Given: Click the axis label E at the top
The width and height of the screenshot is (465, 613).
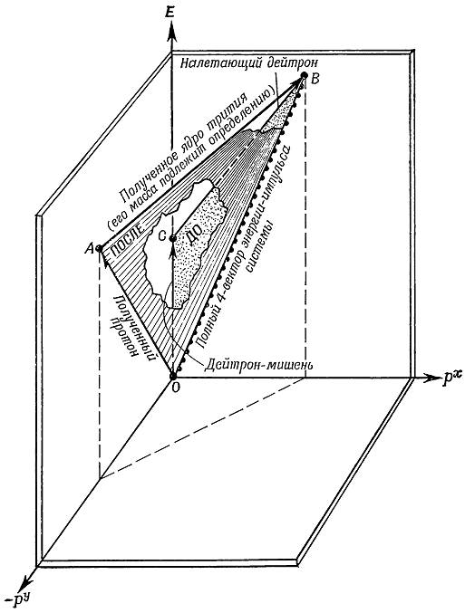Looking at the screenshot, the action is (170, 13).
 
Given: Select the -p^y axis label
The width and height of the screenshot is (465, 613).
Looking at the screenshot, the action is (20, 599).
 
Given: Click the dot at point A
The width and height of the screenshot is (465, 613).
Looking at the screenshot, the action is (99, 248).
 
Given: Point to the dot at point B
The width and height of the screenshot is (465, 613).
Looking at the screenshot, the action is (305, 74).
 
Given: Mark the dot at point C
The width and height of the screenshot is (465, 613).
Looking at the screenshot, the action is (172, 238).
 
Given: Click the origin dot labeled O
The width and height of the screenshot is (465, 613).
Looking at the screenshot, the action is (172, 376).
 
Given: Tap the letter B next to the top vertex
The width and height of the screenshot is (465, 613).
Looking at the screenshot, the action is (315, 79).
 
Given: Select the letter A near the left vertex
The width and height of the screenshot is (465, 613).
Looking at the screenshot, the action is (89, 248).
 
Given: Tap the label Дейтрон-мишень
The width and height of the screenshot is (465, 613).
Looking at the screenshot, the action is (259, 365).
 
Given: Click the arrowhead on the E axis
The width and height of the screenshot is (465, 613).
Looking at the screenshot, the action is (171, 33).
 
